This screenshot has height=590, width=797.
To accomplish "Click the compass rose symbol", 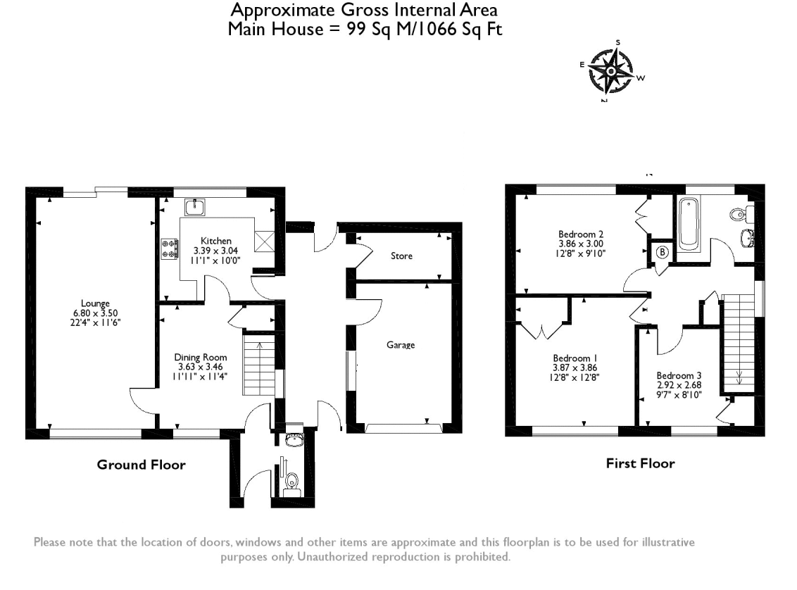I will (x=611, y=72).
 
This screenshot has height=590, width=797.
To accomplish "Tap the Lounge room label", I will (x=95, y=303).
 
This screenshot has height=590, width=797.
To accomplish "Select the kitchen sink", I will (x=195, y=207).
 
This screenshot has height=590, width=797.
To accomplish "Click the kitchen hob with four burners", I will (x=170, y=248).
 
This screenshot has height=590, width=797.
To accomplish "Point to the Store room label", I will (x=403, y=256).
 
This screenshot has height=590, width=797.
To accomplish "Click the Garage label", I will (x=401, y=345).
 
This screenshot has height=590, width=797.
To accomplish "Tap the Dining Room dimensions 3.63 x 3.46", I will (x=201, y=367).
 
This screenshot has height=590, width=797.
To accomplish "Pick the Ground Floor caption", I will (x=141, y=465).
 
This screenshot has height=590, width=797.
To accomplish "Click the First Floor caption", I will (x=640, y=463).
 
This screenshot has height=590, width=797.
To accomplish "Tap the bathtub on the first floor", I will (x=687, y=224).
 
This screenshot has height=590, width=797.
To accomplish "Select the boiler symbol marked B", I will (x=662, y=252).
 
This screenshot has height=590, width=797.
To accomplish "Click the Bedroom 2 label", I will (x=581, y=234).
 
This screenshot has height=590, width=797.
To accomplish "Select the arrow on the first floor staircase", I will (x=739, y=375).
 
